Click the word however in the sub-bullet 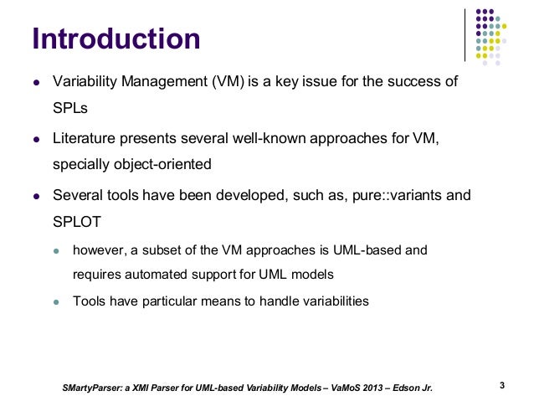[100, 249]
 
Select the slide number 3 [501, 386]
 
